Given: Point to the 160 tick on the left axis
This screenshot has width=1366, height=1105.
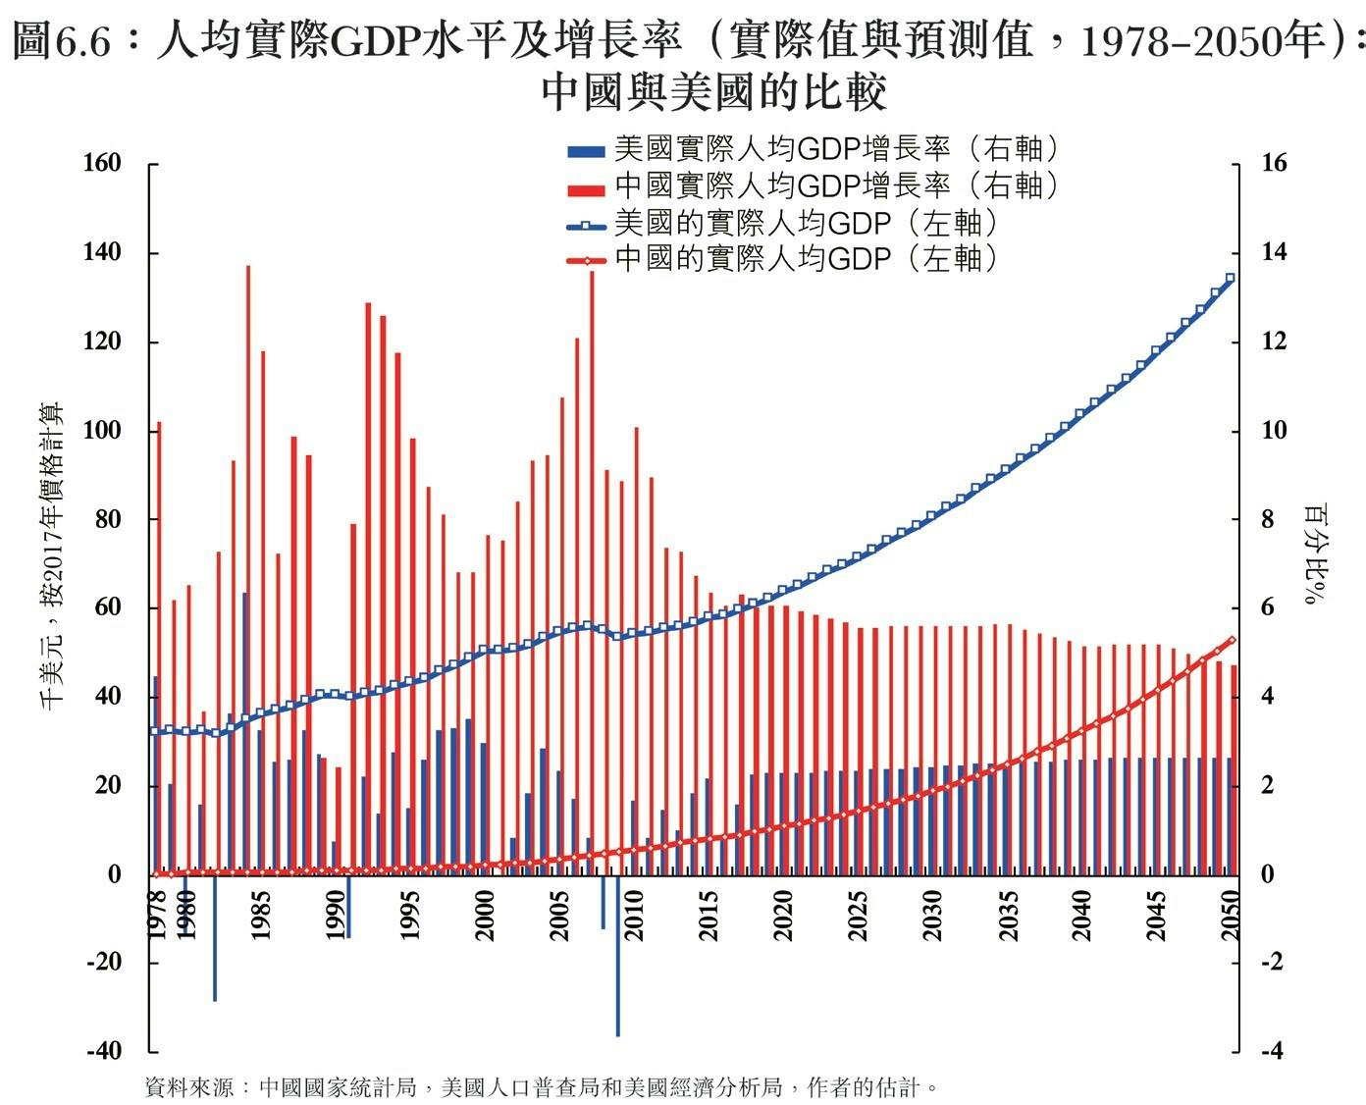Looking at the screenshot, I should (x=102, y=164).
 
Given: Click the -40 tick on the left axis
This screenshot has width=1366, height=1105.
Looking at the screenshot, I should (x=104, y=1051).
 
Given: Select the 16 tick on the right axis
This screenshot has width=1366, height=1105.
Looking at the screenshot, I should (x=1273, y=164).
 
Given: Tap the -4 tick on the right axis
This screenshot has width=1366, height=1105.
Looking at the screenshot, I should (x=1271, y=1051).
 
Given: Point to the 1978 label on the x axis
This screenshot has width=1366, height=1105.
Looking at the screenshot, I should (x=156, y=915).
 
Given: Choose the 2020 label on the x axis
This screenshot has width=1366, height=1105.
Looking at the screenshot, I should (x=783, y=915).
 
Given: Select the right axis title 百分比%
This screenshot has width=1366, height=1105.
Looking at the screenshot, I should (x=1314, y=554).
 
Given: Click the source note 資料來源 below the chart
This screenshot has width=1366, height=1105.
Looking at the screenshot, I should (x=540, y=1087).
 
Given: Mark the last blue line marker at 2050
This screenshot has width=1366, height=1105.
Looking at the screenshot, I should (x=1230, y=279).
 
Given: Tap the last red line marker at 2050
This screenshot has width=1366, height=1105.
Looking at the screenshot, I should (x=1232, y=640).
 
